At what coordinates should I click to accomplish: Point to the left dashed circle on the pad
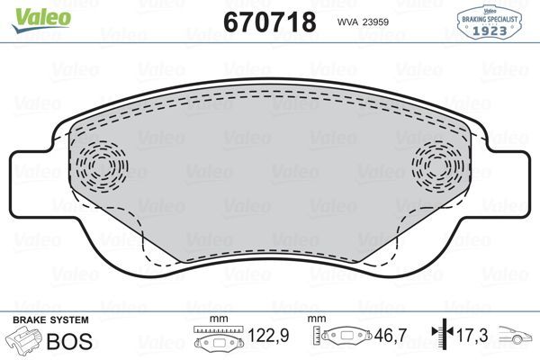pos(101,166)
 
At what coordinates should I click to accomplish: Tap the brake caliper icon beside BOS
pos(24,341)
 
